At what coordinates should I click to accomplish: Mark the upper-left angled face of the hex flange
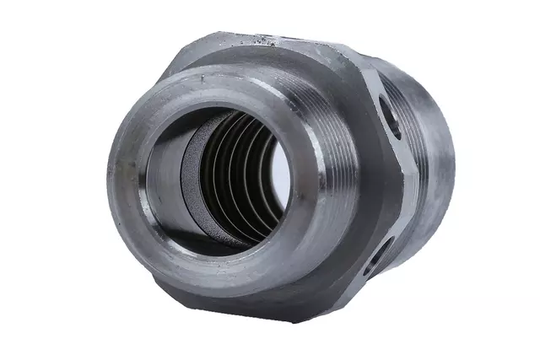[181, 63]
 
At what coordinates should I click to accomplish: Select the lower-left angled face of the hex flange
[169, 278]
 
